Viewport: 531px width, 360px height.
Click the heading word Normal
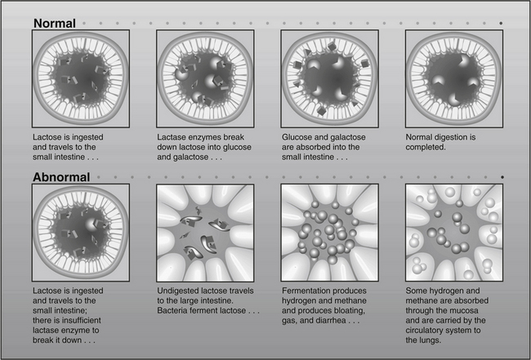(55, 24)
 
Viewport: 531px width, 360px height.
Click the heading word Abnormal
(61, 177)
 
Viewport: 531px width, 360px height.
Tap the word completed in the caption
(426, 148)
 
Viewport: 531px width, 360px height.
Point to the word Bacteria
(172, 310)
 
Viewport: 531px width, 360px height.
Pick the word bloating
(350, 310)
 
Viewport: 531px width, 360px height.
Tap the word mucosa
(464, 310)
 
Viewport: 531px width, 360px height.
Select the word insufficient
(80, 320)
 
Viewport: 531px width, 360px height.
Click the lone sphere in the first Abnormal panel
(91, 224)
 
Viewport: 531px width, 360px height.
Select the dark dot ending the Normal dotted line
(501, 24)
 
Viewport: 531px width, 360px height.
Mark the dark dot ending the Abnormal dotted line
(502, 177)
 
